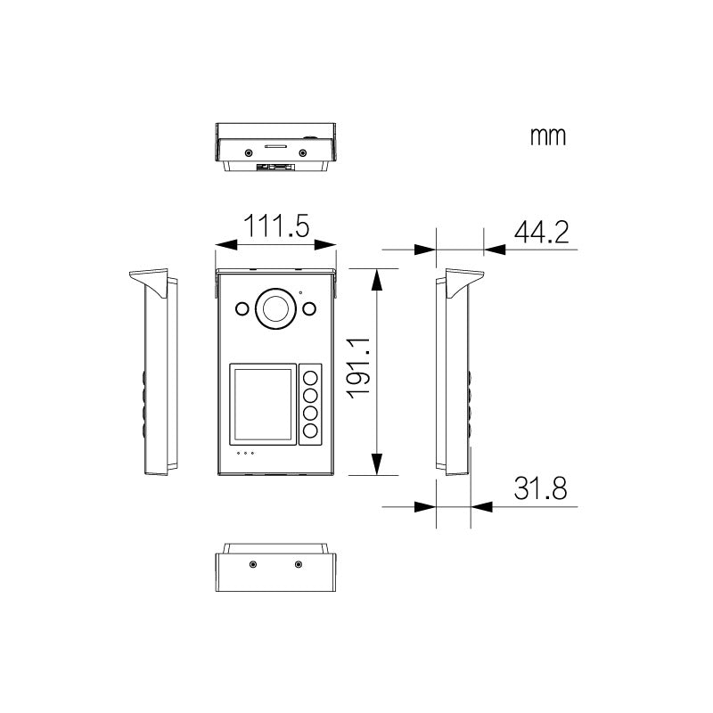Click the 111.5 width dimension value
[277, 225]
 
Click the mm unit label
[548, 136]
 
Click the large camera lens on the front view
[275, 308]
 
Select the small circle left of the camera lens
[242, 308]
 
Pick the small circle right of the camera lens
[308, 308]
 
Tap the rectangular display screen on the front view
[262, 404]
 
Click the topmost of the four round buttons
[311, 375]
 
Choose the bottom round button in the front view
[311, 432]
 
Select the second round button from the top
[311, 395]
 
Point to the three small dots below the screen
[245, 453]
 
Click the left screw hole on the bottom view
[254, 565]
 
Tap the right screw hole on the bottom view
[298, 565]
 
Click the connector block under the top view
[275, 167]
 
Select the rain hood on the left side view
[149, 282]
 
